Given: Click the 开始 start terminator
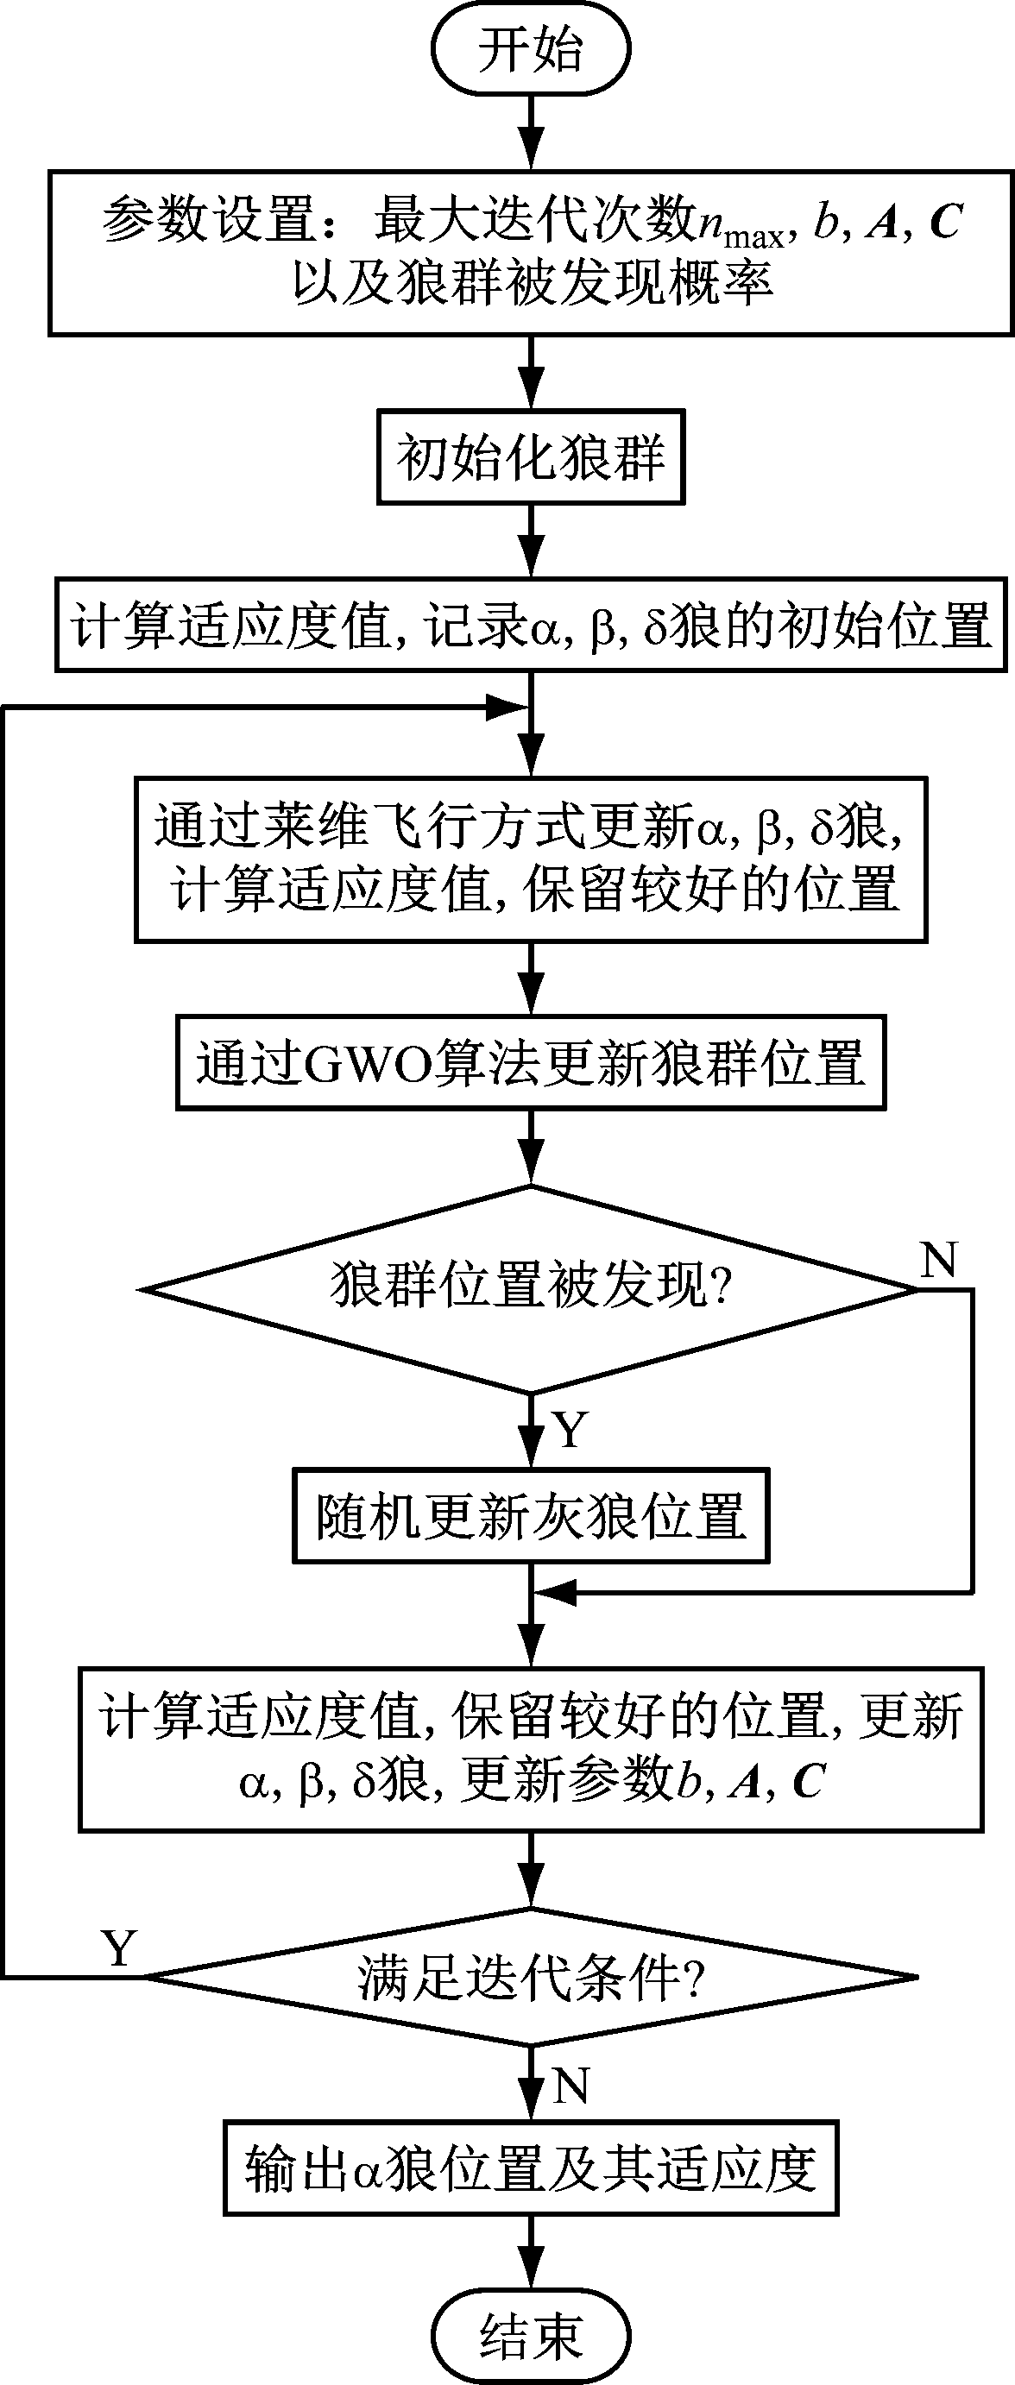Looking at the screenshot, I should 531,48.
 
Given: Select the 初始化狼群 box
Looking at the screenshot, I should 531,457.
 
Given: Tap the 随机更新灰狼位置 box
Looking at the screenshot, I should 531,1515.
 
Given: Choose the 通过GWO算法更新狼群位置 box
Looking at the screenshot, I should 531,1062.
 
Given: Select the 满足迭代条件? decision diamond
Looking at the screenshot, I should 531,1977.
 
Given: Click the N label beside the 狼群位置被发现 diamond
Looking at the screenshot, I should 938,1260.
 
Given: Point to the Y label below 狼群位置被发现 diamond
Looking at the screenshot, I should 571,1431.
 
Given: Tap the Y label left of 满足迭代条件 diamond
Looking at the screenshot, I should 119,1947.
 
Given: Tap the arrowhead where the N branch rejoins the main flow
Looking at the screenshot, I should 555,1594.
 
